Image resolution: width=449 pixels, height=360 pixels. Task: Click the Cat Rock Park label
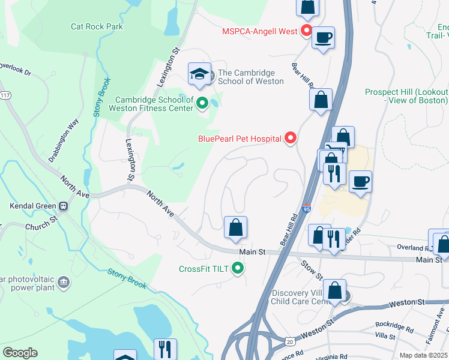[97, 26]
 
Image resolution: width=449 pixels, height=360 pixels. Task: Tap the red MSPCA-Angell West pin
[306, 31]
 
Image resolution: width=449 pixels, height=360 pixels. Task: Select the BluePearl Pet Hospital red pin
[291, 139]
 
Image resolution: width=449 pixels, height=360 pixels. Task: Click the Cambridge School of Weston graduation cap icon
[199, 74]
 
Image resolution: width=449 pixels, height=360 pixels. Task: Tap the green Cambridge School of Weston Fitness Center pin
[202, 104]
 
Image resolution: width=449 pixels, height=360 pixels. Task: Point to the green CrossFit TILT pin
[238, 268]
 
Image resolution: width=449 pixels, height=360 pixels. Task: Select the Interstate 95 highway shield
[306, 209]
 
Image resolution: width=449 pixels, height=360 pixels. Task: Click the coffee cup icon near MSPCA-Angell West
[323, 38]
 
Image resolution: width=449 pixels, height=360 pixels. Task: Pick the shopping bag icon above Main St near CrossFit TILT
[236, 227]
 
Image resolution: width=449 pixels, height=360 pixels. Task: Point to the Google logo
[20, 352]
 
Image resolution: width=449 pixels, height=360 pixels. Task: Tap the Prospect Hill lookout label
[406, 96]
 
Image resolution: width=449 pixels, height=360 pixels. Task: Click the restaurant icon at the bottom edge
[165, 349]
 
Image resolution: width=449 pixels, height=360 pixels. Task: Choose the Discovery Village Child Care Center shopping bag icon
[337, 292]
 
